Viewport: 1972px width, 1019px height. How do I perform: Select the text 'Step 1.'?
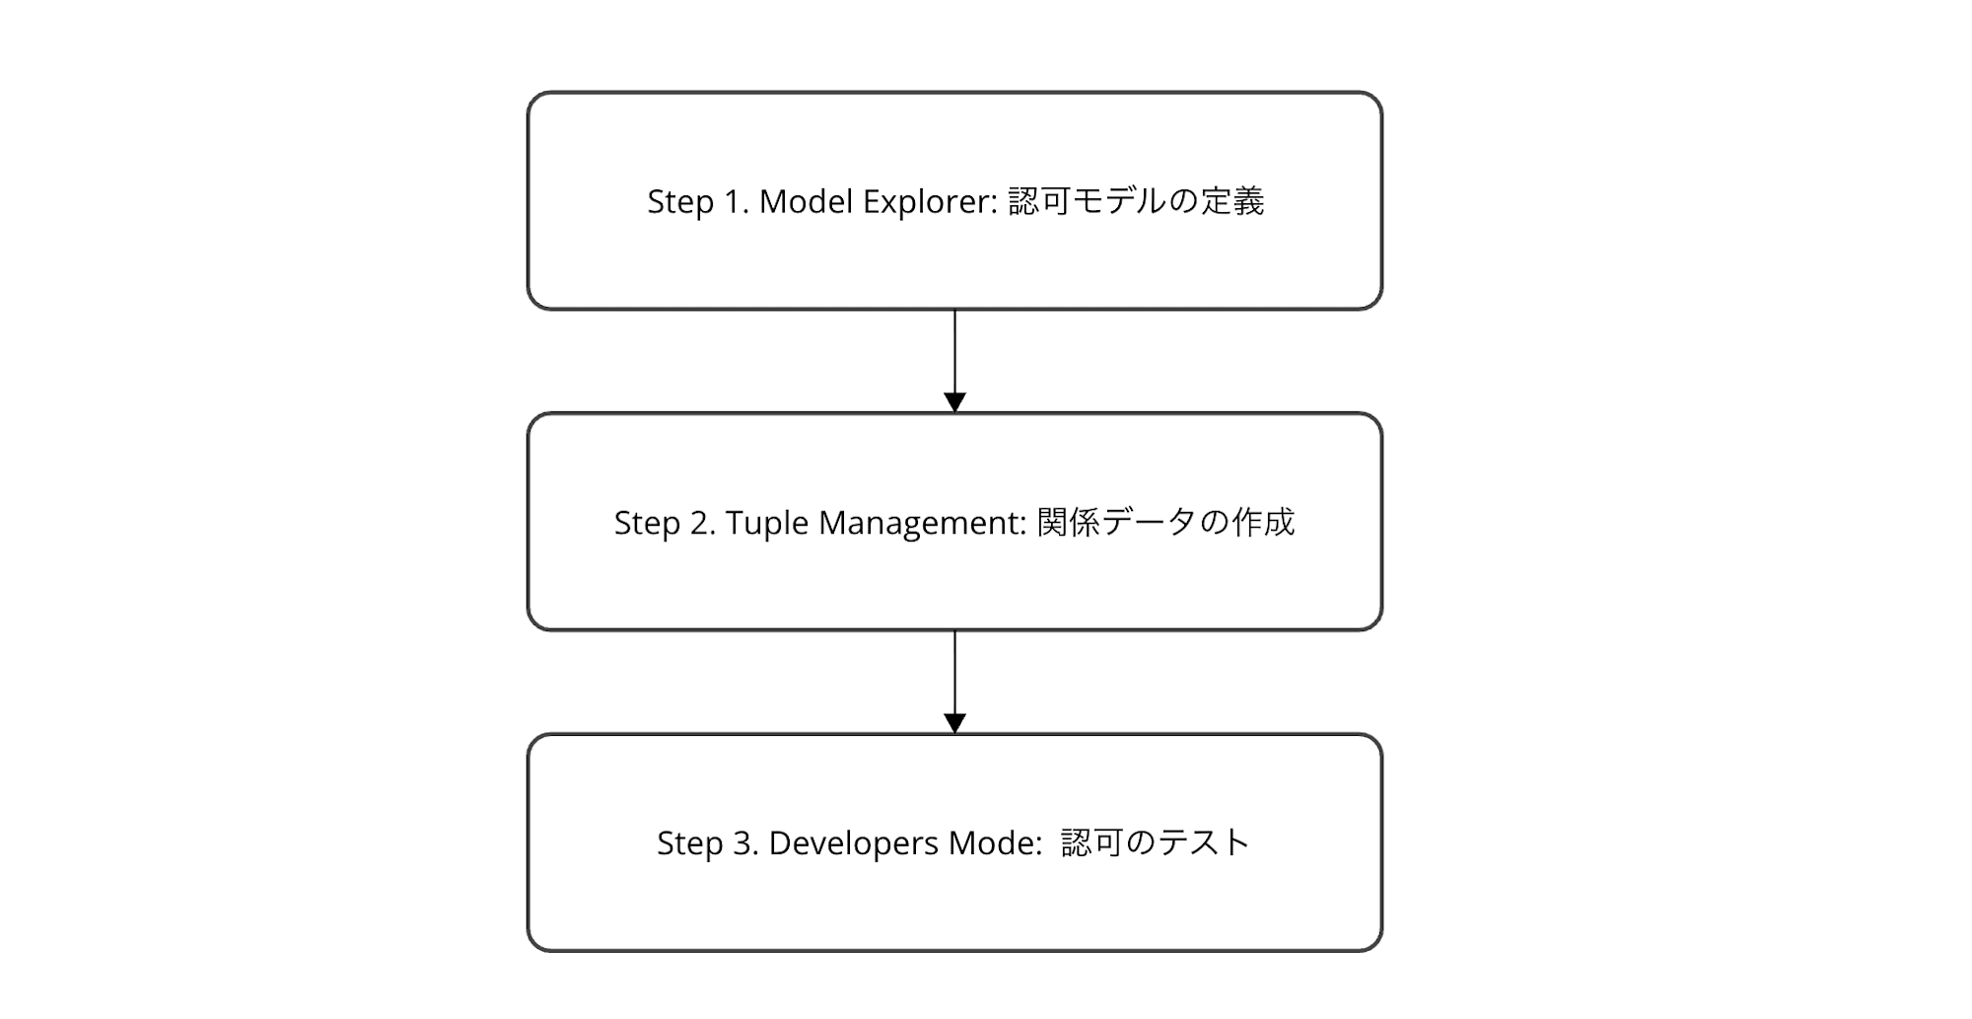pos(697,201)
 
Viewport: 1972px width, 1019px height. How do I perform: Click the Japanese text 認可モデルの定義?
pos(1136,201)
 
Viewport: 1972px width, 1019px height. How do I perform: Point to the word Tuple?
pos(766,523)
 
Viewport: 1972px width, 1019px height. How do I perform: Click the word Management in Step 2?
pos(923,523)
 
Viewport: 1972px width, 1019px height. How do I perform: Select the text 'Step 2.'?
pos(664,523)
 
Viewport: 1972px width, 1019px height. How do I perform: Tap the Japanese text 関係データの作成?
pos(1165,522)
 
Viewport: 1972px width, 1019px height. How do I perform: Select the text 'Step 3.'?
pos(707,843)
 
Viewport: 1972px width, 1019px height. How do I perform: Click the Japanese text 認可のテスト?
pos(1156,842)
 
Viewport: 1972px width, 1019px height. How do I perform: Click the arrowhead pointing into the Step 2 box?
pos(954,402)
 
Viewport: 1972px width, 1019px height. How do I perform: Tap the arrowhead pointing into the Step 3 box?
pos(954,723)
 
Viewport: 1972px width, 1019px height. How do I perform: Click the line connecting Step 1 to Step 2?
pos(954,350)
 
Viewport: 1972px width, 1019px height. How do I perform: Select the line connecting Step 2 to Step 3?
pos(954,671)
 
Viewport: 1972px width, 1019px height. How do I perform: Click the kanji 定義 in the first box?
pos(1232,201)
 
